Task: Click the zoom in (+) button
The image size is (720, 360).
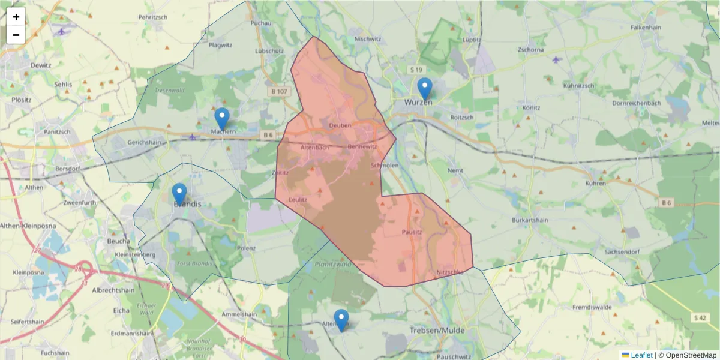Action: click(16, 17)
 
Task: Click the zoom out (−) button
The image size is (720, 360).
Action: click(16, 35)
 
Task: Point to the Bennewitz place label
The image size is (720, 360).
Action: click(362, 147)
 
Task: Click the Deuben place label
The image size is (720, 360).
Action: click(340, 125)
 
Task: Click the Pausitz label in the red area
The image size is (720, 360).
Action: click(412, 231)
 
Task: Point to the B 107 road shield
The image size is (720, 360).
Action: click(280, 91)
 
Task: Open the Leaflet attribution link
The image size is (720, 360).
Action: click(641, 355)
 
